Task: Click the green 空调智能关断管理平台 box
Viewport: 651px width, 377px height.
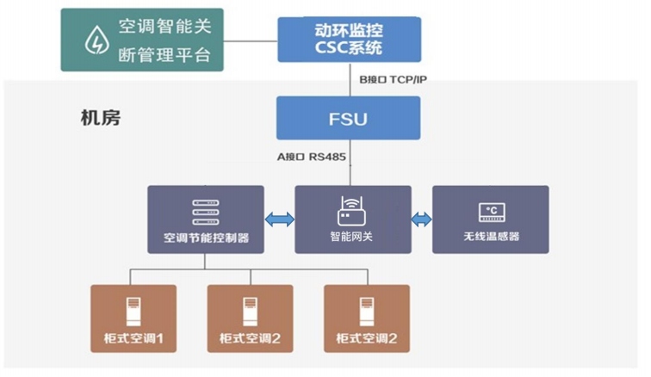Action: tap(142, 40)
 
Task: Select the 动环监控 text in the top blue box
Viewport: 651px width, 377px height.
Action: tap(349, 28)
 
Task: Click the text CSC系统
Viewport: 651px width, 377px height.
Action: tap(349, 48)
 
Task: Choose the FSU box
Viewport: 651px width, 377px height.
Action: tap(348, 118)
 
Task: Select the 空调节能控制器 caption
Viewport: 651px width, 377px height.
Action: tap(206, 237)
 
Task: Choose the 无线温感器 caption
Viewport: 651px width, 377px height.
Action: tap(491, 237)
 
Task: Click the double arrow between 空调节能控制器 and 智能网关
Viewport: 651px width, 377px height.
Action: tap(280, 220)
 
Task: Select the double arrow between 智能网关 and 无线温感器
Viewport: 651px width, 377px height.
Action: tap(422, 220)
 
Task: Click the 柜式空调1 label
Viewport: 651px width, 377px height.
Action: tap(133, 339)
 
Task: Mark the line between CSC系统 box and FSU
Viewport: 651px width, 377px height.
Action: tap(349, 79)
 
